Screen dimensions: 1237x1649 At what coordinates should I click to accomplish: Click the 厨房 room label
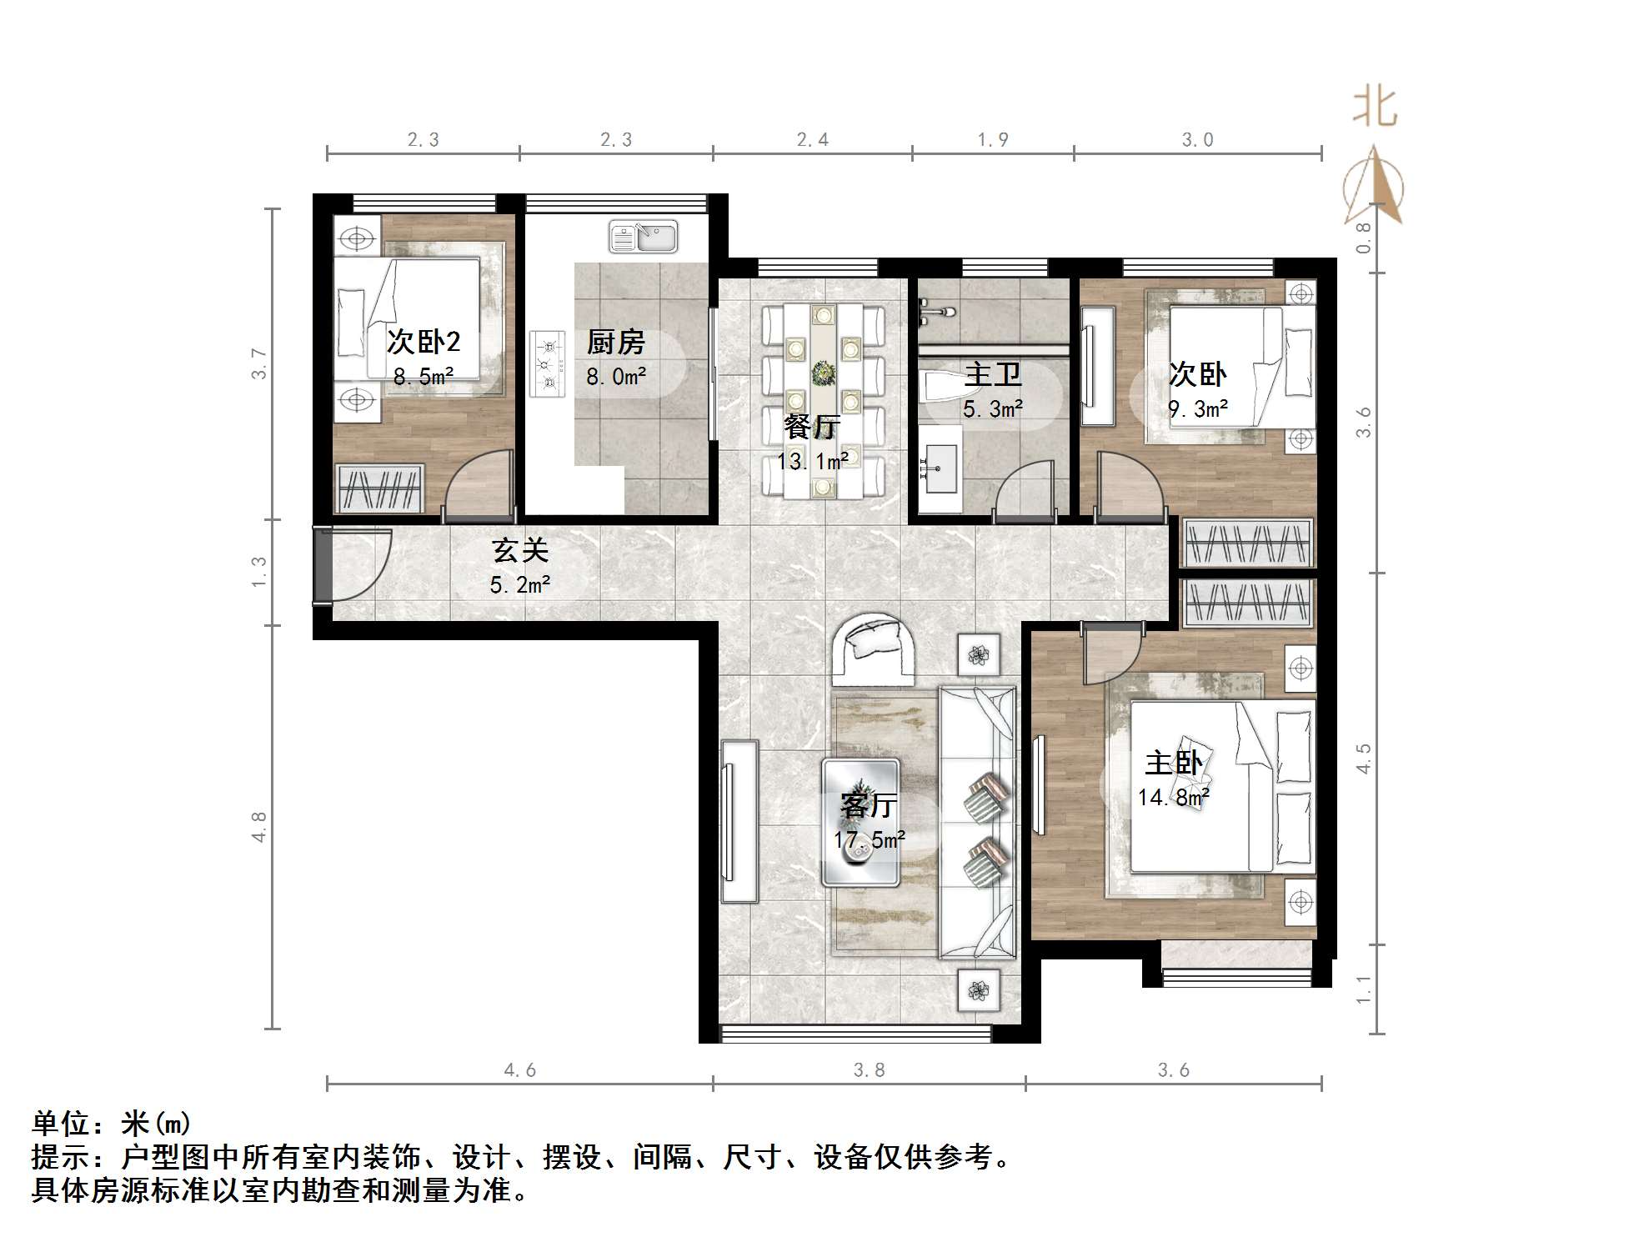(x=615, y=343)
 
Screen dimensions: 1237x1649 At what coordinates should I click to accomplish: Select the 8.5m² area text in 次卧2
(x=424, y=377)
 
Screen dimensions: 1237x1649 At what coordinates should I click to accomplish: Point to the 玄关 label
(x=520, y=551)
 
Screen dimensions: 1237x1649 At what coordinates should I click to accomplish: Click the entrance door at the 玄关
(x=323, y=565)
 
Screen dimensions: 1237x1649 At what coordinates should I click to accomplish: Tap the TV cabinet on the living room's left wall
(x=739, y=821)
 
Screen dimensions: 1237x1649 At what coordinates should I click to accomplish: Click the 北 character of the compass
(x=1373, y=108)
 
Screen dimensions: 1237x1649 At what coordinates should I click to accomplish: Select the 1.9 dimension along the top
(x=992, y=140)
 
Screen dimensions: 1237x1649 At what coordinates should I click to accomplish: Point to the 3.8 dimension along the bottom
(x=869, y=1069)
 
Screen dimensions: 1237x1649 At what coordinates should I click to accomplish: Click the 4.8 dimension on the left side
(x=259, y=826)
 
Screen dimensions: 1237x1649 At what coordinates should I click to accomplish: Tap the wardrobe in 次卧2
(x=379, y=488)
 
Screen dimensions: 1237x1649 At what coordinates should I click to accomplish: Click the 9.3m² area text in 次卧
(x=1198, y=409)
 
